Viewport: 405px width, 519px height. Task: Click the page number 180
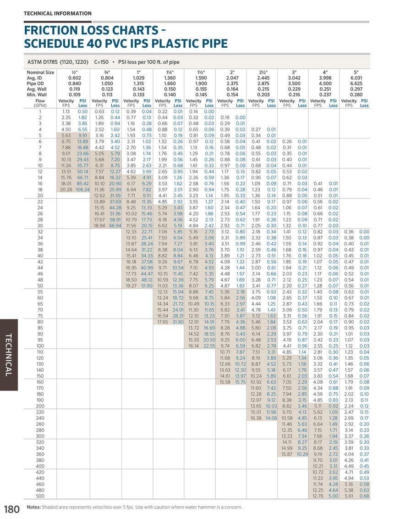[12, 508]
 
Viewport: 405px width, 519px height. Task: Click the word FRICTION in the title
[50, 32]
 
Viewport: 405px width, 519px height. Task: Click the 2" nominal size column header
[232, 73]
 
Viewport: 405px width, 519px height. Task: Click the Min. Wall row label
[38, 94]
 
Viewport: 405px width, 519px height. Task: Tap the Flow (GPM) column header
[40, 103]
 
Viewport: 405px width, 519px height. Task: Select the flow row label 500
[40, 496]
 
